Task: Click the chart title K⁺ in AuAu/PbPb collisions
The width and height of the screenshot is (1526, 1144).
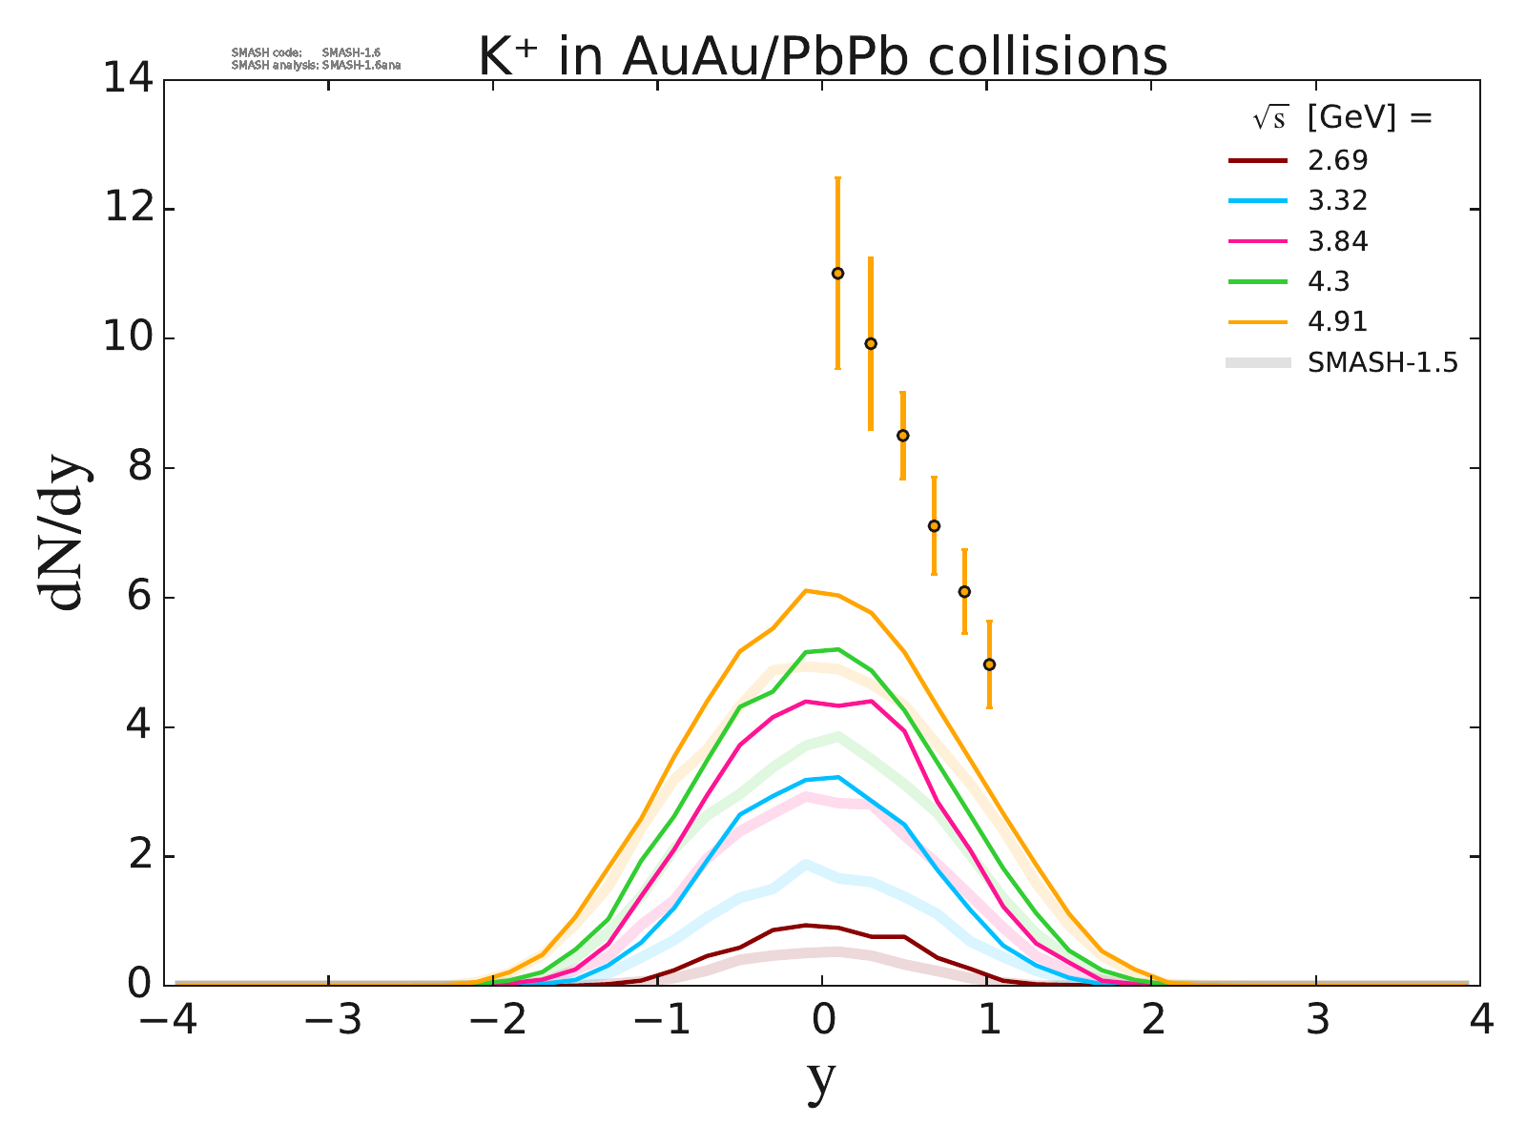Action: (822, 57)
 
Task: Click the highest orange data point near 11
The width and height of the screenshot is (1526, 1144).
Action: (837, 274)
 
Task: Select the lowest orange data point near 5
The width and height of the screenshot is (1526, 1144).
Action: (989, 664)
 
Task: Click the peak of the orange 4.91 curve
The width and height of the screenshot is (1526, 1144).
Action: (806, 591)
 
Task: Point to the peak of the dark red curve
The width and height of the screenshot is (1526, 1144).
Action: (806, 925)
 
